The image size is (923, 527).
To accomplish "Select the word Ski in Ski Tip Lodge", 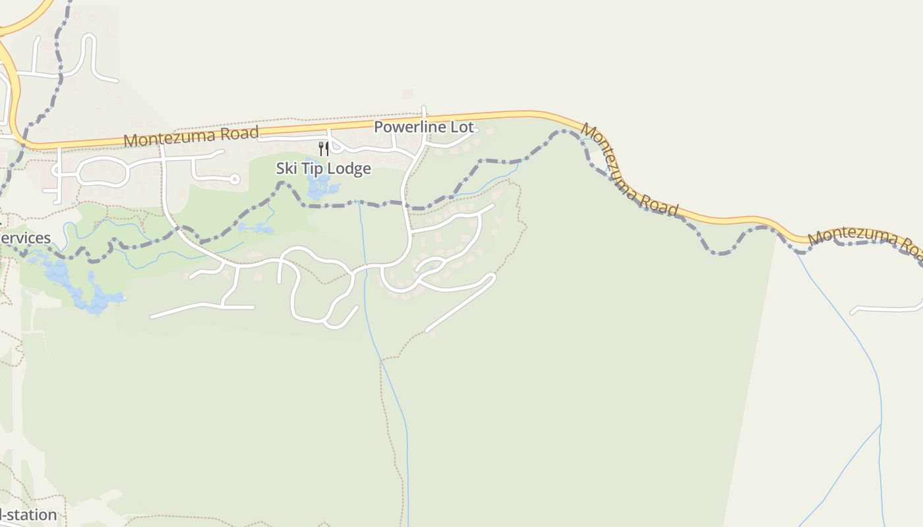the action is coord(286,169).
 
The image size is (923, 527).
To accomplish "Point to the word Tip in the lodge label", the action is coord(313,169).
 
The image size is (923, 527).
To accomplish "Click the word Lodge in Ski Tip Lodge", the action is coord(349,169).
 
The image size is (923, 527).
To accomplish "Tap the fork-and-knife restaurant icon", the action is coord(324,149).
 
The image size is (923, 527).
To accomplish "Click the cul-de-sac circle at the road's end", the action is coord(234,179).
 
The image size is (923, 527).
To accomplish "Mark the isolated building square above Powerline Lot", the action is coord(408,94).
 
